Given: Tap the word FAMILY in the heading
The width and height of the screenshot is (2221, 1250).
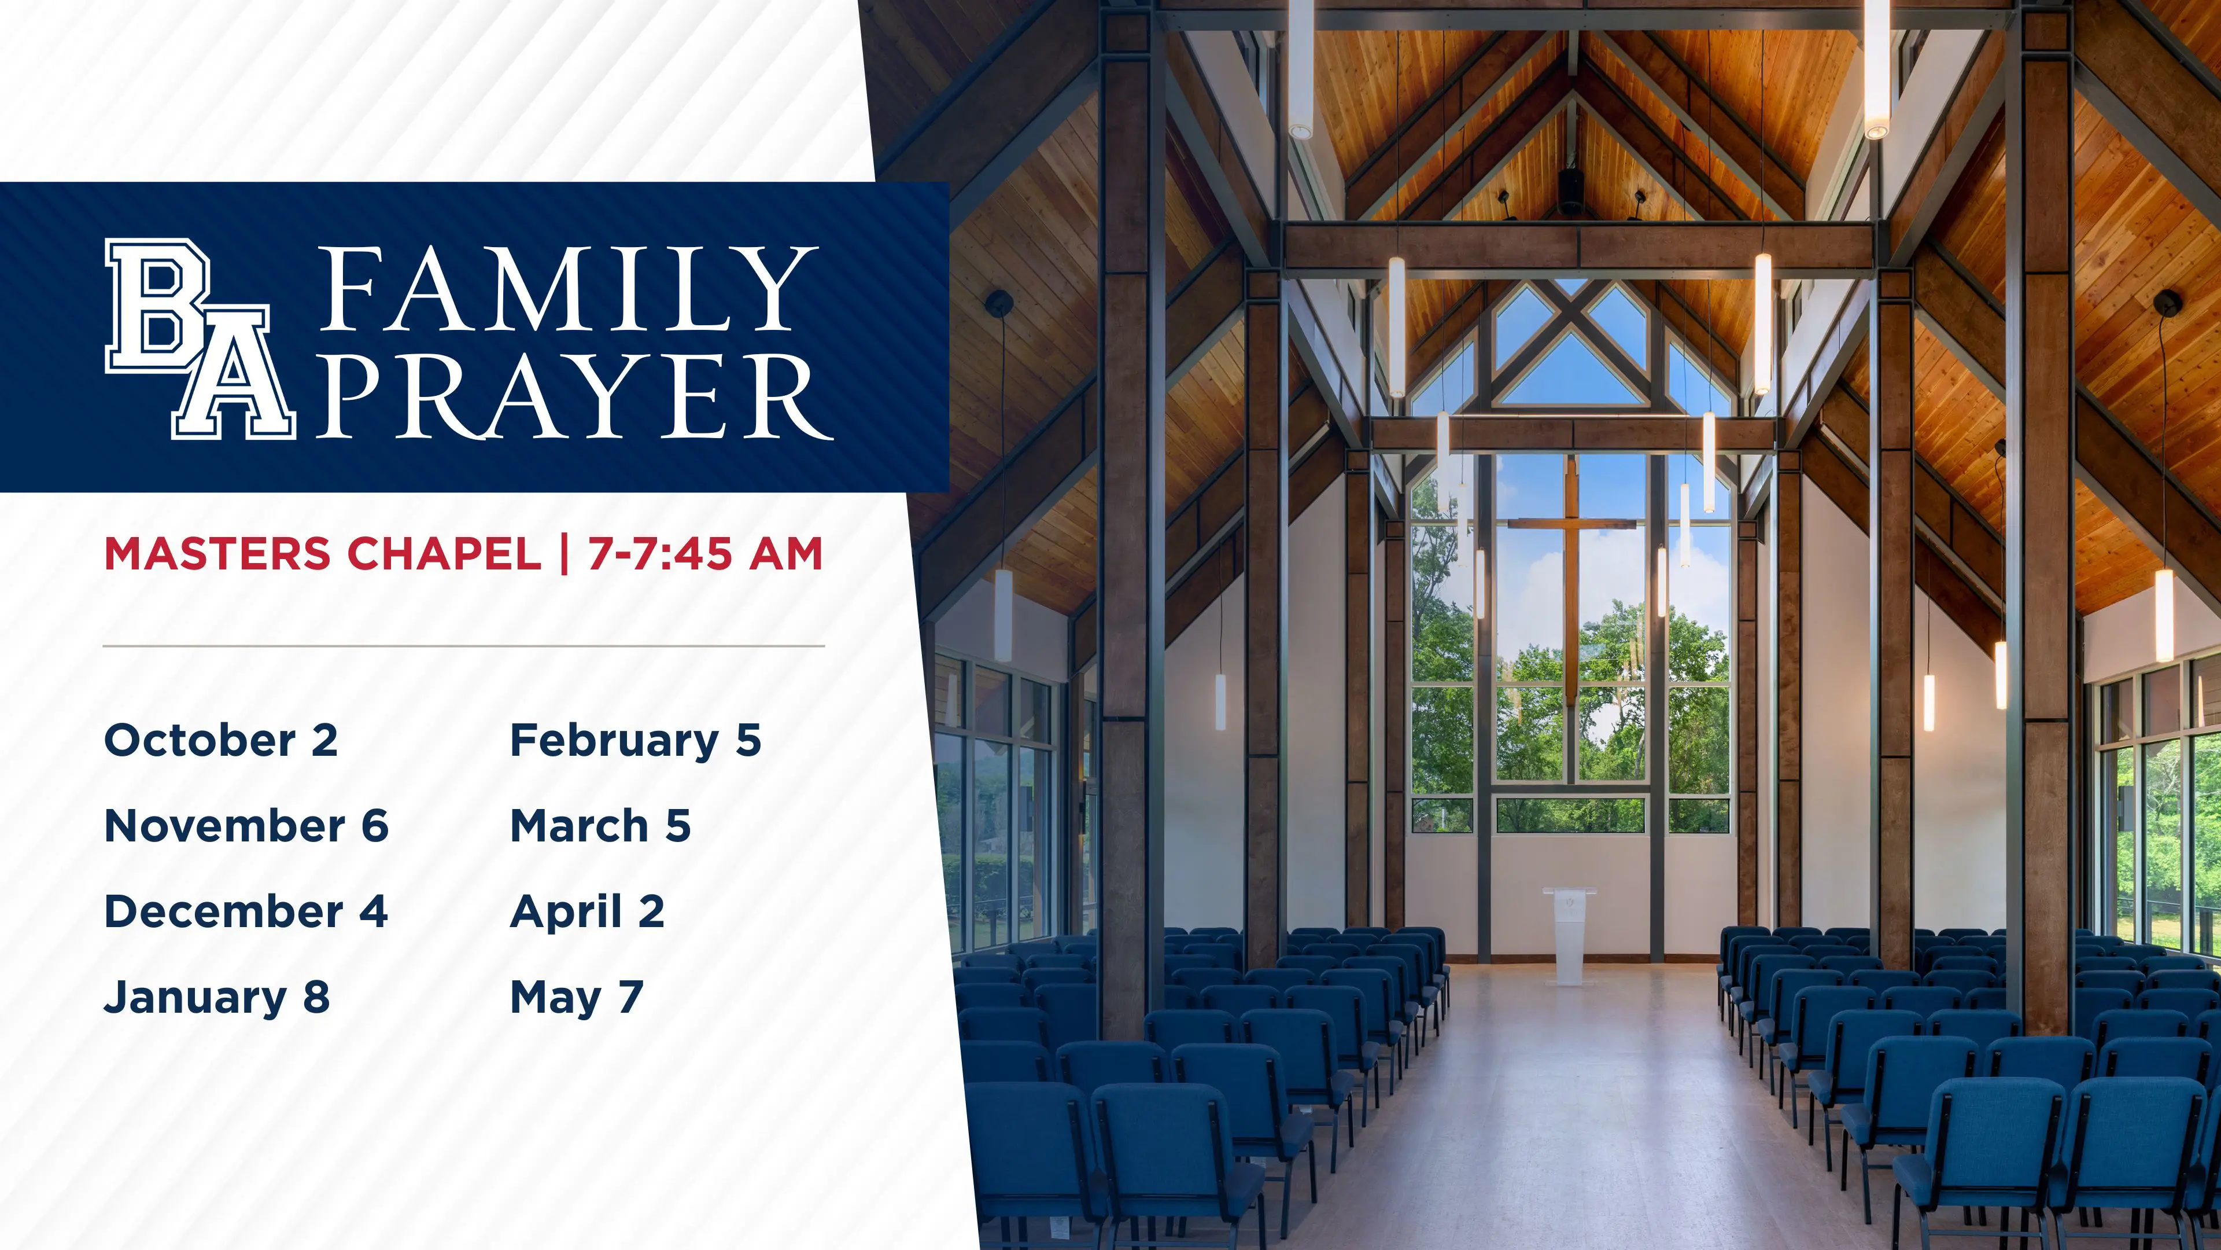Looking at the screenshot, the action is coord(569,289).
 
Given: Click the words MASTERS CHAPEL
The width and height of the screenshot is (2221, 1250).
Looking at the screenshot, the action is coord(323,553).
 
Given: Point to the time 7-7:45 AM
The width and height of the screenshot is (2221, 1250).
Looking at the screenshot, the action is coord(705,553).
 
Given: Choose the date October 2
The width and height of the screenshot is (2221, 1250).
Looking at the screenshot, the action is coord(221,740).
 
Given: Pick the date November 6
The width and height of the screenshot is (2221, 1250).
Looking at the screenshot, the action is coord(246,826).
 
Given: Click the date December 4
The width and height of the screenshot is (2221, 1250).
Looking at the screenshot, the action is coord(246,912).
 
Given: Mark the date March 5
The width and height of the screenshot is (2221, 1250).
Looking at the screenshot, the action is coord(601,826).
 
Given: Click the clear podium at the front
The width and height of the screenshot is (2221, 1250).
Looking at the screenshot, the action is coord(1569,935).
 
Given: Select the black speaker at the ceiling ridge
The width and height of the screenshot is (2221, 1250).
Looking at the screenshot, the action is coord(1571,190).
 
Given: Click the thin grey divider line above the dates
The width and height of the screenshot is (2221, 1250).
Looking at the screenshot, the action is coord(464,645).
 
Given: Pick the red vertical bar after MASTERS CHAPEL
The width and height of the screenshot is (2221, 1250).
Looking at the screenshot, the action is coord(565,553).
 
